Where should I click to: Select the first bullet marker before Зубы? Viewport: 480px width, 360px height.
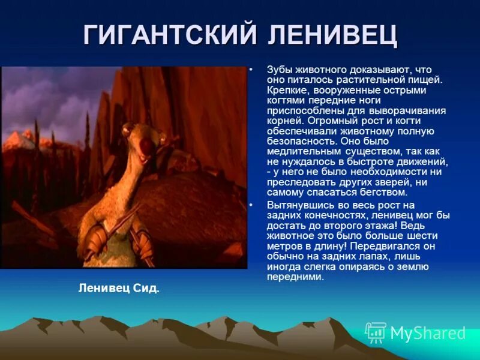[x=253, y=70]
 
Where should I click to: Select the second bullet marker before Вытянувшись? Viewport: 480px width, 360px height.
[x=253, y=205]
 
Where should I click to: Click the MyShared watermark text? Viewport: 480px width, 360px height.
[x=428, y=334]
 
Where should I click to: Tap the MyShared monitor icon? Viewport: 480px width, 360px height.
[x=376, y=332]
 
